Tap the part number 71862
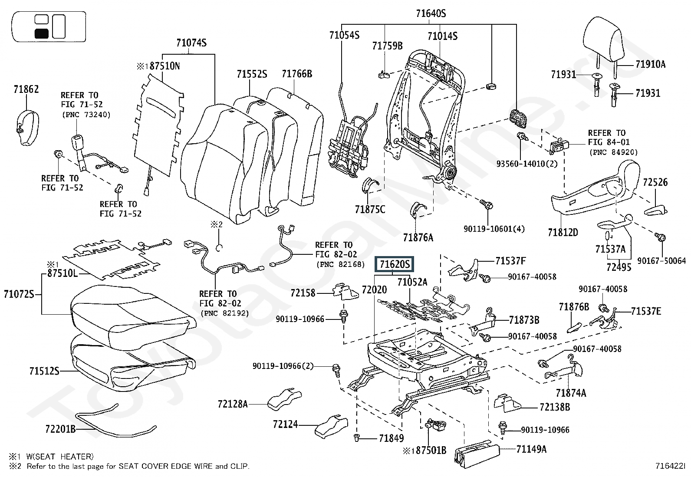pyautogui.click(x=26, y=89)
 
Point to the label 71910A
pyautogui.click(x=650, y=65)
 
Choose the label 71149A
pyautogui.click(x=531, y=449)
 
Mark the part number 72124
pyautogui.click(x=286, y=424)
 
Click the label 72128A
pyautogui.click(x=233, y=404)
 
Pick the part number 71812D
pyautogui.click(x=563, y=232)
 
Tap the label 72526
pyautogui.click(x=655, y=182)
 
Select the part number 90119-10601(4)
pyautogui.click(x=494, y=228)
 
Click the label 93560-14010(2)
pyautogui.click(x=526, y=164)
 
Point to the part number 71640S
pyautogui.click(x=431, y=13)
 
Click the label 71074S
pyautogui.click(x=191, y=43)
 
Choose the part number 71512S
pyautogui.click(x=44, y=371)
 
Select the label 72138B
pyautogui.click(x=555, y=407)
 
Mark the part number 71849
pyautogui.click(x=391, y=438)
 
